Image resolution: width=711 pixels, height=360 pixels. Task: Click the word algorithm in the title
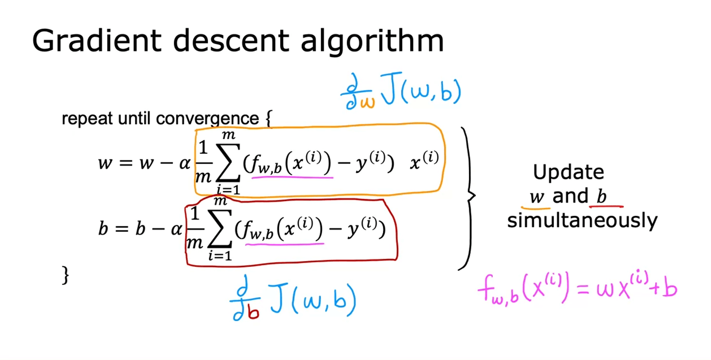[372, 41]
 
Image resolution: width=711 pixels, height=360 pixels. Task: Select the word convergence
[207, 119]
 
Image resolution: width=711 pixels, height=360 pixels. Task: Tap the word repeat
[87, 119]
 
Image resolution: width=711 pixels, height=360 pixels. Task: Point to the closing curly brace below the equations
[66, 275]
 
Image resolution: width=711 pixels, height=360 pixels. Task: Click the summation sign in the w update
[228, 162]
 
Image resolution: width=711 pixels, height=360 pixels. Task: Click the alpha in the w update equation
[185, 163]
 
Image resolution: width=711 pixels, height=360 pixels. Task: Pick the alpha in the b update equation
[176, 229]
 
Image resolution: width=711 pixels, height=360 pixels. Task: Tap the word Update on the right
[568, 172]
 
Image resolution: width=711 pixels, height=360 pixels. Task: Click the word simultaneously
[582, 220]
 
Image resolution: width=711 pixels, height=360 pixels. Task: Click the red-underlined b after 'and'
[602, 196]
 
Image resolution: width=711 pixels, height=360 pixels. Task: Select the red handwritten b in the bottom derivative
[253, 312]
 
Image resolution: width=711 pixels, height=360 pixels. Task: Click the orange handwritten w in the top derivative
[366, 102]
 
